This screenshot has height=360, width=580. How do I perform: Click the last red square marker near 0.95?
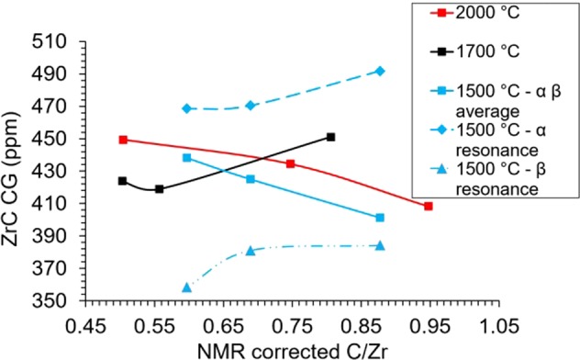(x=429, y=207)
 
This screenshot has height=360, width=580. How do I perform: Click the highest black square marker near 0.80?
(x=331, y=137)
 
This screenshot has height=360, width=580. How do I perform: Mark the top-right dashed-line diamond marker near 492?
(x=380, y=71)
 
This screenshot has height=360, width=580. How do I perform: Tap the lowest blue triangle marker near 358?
(x=187, y=287)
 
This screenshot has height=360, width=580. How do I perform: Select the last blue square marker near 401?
(x=380, y=218)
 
